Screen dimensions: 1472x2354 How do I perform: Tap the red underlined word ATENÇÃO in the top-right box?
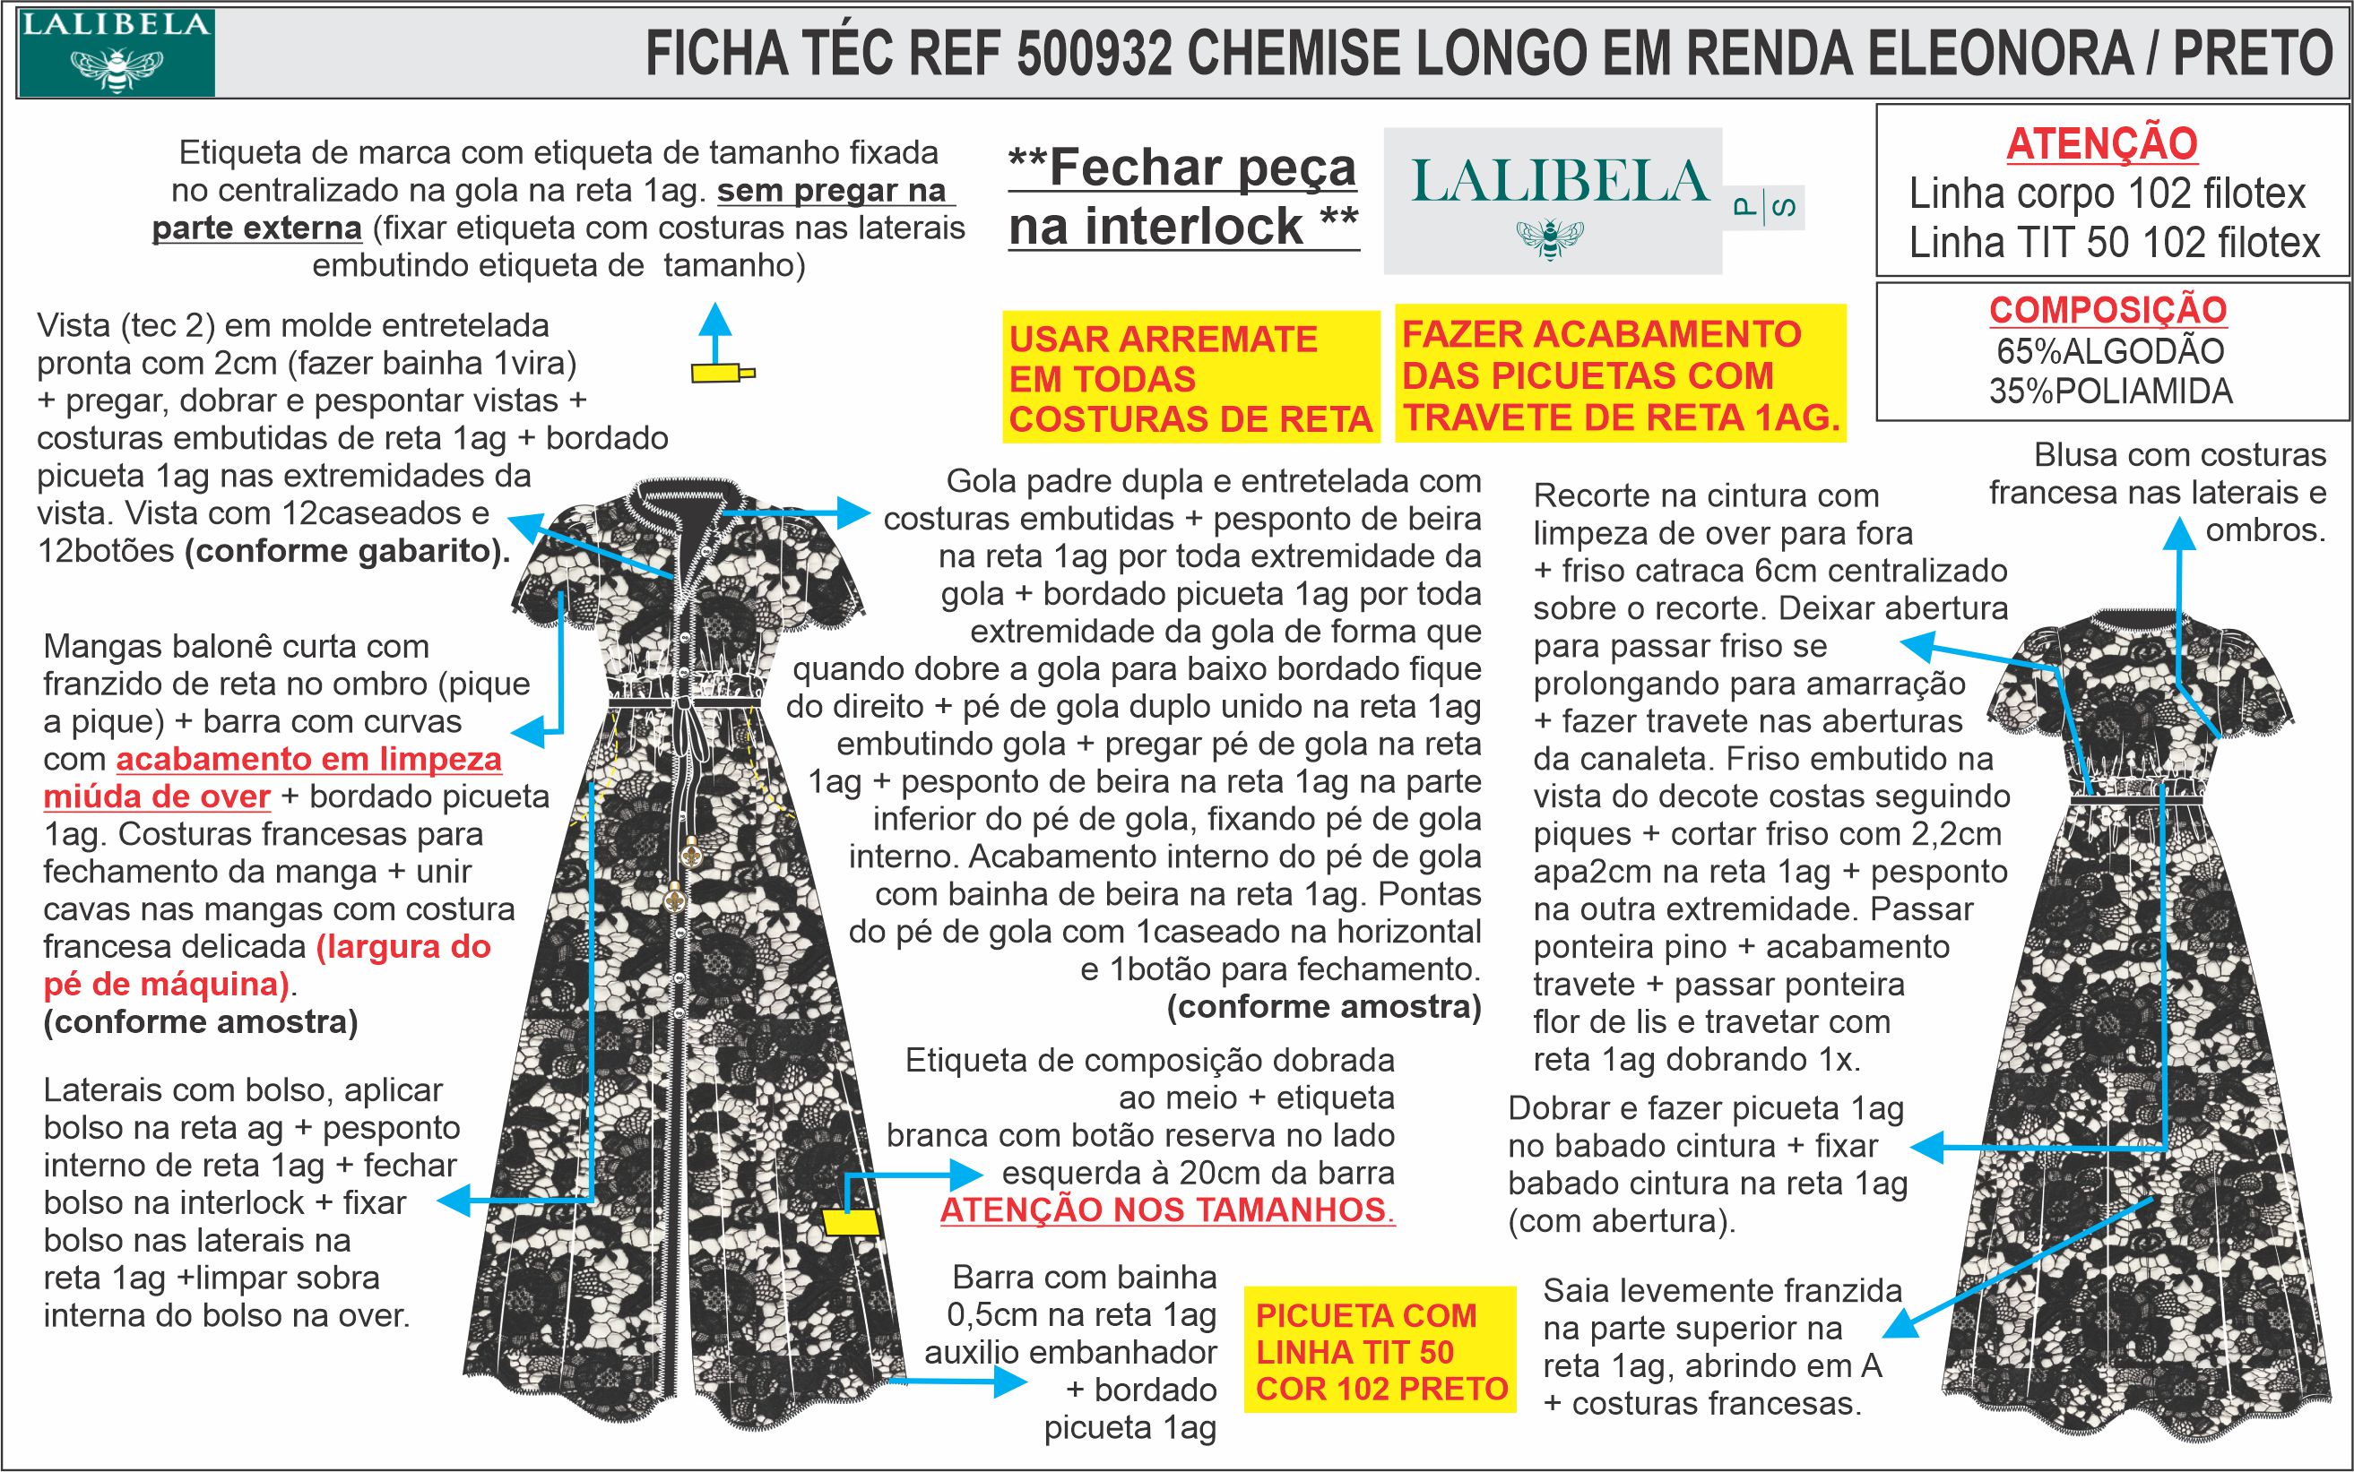(2102, 145)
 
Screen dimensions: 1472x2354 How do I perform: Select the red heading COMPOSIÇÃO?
(2107, 311)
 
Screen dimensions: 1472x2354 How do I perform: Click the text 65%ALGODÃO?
(2109, 350)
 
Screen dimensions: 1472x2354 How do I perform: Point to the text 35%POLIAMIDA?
(2109, 392)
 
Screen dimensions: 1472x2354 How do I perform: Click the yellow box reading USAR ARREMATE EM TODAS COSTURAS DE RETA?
(1190, 379)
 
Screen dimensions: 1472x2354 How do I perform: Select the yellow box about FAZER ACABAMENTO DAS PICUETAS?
(1620, 375)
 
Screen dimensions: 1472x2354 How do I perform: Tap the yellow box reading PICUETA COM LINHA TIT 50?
(1380, 1351)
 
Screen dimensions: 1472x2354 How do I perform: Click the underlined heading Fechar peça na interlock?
(1183, 198)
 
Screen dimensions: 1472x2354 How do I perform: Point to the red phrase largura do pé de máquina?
(269, 966)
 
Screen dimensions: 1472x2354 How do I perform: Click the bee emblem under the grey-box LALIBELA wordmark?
(1550, 236)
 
